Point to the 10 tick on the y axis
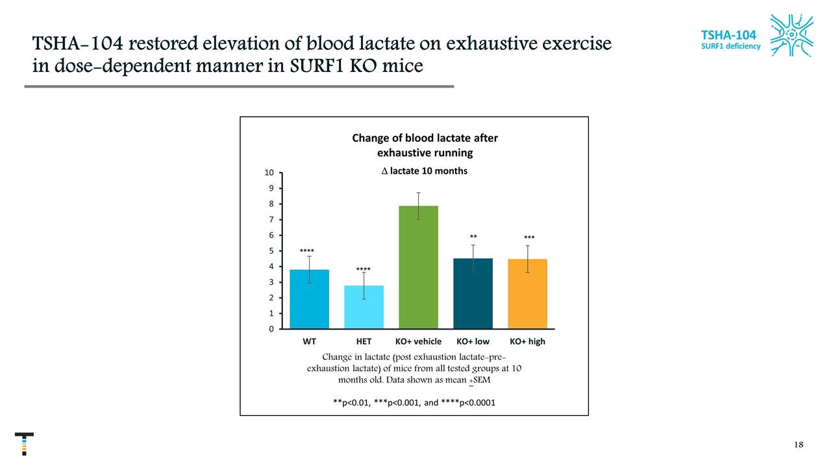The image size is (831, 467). coord(269,173)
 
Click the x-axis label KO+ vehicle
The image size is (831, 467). coord(418,341)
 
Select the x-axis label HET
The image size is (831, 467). coord(364,341)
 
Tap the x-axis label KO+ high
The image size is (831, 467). coord(527,341)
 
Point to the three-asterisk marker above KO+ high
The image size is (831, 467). coord(529,239)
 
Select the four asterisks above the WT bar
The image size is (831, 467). coord(307,250)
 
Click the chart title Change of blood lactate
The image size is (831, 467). coord(425,145)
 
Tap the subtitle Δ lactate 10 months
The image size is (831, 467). coord(425,171)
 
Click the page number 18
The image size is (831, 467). coord(799,445)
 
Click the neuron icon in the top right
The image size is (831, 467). coord(791,35)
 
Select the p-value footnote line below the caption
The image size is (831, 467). coord(414,403)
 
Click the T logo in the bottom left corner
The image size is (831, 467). coord(24,444)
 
